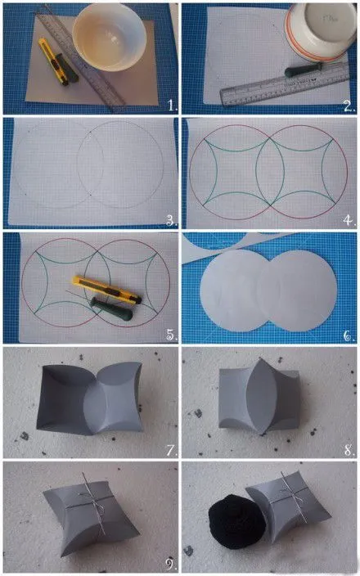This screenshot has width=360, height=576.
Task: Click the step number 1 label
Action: click(x=173, y=106)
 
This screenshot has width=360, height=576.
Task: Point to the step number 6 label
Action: click(x=349, y=335)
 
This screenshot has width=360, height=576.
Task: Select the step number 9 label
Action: click(x=169, y=563)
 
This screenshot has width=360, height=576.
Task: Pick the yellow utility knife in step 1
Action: click(x=53, y=61)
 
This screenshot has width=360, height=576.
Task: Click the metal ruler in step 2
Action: click(x=285, y=85)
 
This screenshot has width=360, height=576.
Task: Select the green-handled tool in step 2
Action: click(x=304, y=70)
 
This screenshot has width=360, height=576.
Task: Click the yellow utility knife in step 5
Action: click(x=107, y=289)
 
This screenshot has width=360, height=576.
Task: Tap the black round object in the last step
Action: click(x=237, y=522)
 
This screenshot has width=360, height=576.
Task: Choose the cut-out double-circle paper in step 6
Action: click(x=268, y=291)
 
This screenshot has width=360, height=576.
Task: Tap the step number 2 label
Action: click(x=349, y=106)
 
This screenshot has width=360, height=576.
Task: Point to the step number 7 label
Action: click(x=171, y=450)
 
